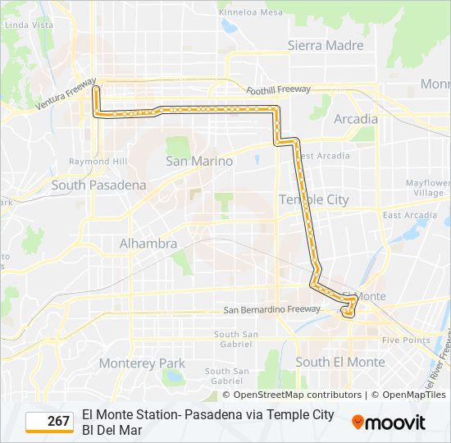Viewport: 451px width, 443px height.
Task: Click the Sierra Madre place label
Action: tap(325, 45)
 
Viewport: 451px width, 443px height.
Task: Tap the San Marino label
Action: tap(199, 161)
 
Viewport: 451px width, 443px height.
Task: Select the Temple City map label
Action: tap(313, 199)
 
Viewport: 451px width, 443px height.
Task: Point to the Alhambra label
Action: tap(148, 244)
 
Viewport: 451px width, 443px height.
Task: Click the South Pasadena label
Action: tap(98, 185)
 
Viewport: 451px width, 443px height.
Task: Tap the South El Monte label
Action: tap(339, 362)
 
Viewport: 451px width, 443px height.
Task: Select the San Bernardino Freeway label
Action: tap(272, 309)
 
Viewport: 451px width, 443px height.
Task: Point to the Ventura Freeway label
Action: tap(66, 99)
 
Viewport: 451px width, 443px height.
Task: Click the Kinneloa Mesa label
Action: tap(252, 13)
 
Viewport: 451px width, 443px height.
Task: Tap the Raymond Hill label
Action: tap(98, 162)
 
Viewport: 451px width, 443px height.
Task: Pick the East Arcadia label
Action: tap(409, 216)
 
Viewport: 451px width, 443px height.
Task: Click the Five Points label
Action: tap(405, 340)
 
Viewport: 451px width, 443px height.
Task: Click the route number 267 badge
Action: tap(50, 421)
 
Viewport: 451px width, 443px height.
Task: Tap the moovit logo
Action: tap(389, 422)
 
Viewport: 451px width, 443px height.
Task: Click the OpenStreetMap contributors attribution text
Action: tap(291, 395)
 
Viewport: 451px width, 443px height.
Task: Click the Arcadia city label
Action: tap(356, 119)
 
